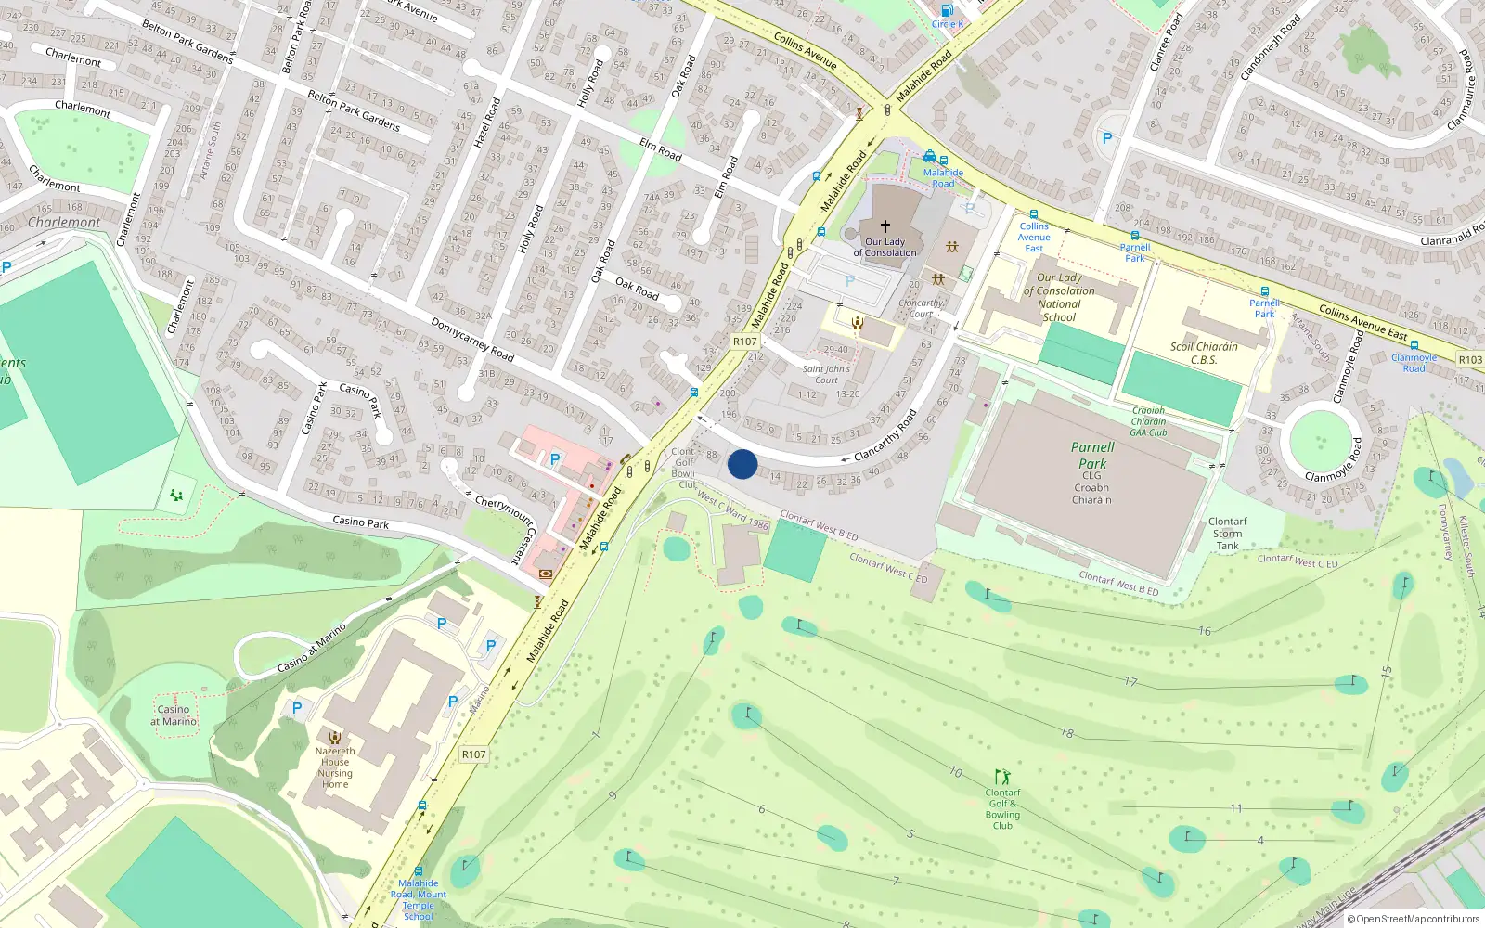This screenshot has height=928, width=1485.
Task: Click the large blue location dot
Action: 742,464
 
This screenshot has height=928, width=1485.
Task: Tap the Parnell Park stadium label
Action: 1092,455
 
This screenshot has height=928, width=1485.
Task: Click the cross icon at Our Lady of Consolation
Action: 885,226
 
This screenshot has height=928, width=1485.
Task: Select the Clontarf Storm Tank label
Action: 1227,534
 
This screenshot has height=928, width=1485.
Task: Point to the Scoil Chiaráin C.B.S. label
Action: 1204,353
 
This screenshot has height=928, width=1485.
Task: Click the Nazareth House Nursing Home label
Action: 335,767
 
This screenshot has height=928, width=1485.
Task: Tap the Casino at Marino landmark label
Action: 174,715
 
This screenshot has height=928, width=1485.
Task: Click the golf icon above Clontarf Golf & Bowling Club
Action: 1002,776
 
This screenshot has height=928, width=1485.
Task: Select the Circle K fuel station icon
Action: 947,11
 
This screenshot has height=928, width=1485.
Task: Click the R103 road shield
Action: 1470,359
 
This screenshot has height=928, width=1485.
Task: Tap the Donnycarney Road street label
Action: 472,339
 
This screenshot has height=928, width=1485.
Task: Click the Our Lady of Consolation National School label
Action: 1059,297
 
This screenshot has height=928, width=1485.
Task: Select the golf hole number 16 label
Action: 1205,631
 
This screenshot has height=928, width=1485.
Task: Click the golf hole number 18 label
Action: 1067,733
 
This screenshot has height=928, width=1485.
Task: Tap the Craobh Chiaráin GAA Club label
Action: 1148,421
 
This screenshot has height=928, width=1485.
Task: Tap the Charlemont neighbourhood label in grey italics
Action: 64,223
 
